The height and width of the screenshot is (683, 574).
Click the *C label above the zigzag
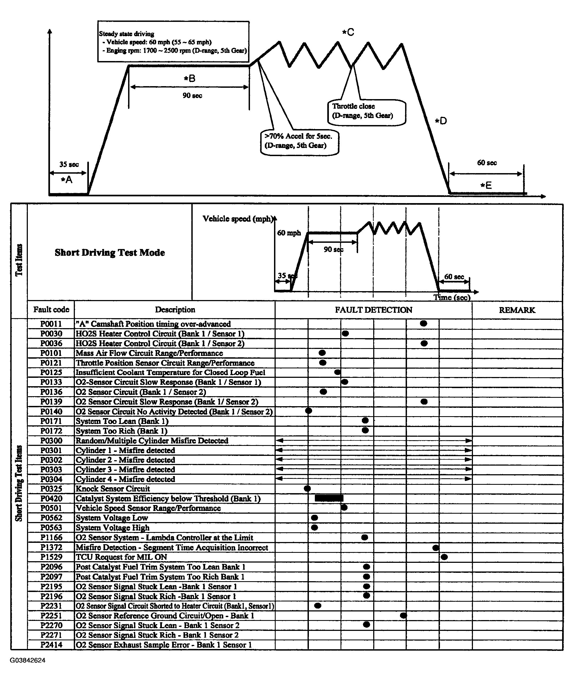click(348, 32)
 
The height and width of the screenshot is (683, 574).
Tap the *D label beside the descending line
click(441, 121)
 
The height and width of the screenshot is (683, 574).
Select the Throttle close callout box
click(366, 112)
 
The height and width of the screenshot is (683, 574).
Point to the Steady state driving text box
click(173, 42)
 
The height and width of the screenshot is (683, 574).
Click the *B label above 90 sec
click(190, 78)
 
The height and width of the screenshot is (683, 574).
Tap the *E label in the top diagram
click(486, 185)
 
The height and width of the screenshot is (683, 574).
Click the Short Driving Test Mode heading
click(110, 253)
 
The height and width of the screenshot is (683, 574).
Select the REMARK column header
click(517, 310)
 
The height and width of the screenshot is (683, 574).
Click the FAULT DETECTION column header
click(373, 310)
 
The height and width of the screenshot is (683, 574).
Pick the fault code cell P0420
click(51, 498)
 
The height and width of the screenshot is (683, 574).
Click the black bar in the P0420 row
click(329, 498)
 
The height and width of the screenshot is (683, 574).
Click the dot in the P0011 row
click(423, 323)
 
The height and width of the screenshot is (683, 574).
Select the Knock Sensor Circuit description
click(113, 489)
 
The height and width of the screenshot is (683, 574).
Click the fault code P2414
click(51, 645)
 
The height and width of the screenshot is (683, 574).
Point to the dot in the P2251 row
click(403, 615)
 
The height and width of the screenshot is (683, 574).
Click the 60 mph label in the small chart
click(289, 233)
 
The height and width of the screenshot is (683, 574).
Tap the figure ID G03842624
click(28, 660)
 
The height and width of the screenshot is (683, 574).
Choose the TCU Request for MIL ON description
click(121, 557)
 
